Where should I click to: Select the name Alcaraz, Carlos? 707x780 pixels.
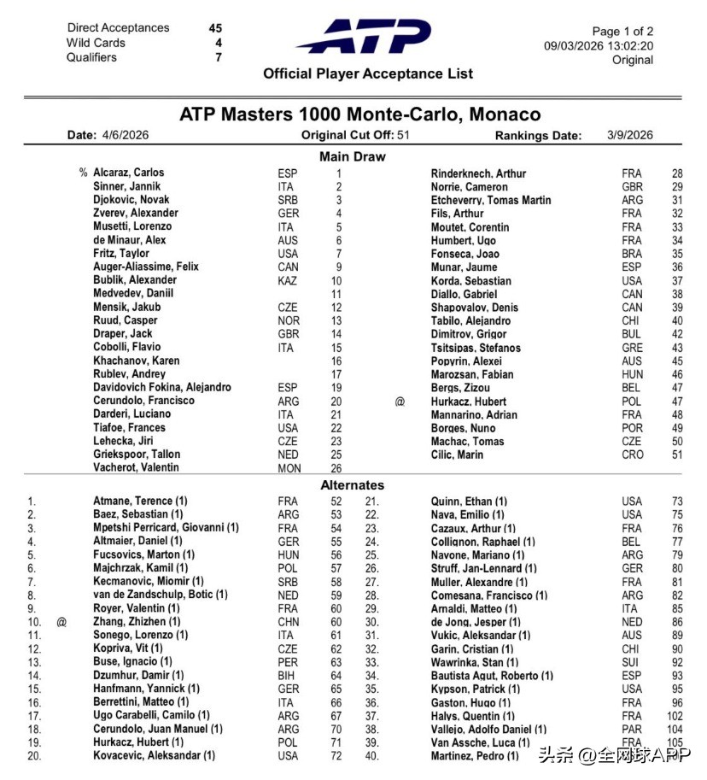point(129,173)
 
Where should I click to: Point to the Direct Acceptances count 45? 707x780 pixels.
point(215,28)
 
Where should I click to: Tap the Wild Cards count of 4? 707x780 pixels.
point(219,43)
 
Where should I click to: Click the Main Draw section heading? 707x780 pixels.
point(352,156)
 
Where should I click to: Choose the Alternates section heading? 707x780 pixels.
point(352,485)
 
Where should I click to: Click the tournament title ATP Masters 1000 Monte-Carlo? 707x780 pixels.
point(359,114)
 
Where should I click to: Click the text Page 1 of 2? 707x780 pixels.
point(622,32)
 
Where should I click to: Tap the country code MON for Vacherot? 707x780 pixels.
point(289,468)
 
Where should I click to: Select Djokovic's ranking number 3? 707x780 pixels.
point(338,200)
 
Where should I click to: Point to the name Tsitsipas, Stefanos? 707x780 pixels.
point(475,348)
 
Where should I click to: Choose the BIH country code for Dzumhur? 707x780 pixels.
point(288,675)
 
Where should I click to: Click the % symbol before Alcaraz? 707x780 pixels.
point(84,173)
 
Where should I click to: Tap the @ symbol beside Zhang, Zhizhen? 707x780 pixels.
point(61,622)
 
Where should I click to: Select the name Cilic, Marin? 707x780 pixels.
point(459,455)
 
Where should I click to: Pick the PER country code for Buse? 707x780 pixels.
point(289,662)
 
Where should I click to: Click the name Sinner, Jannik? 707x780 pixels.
point(126,186)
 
